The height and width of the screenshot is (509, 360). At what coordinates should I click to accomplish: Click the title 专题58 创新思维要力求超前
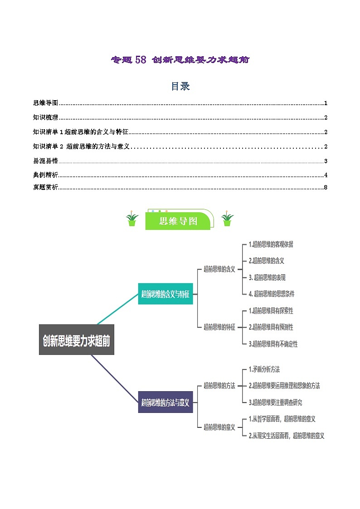[x=180, y=59]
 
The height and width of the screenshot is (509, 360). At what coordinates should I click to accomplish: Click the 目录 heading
[x=180, y=86]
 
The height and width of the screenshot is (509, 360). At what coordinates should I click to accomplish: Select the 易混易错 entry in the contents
[x=46, y=161]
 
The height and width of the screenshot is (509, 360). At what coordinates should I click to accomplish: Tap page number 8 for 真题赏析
[x=326, y=188]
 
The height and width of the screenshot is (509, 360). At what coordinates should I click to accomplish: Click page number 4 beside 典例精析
[x=326, y=175]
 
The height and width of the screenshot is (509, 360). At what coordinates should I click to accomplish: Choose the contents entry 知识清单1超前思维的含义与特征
[x=81, y=132]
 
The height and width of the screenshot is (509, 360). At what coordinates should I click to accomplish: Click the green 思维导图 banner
[x=179, y=221]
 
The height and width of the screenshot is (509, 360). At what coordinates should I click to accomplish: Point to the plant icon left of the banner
[x=132, y=219]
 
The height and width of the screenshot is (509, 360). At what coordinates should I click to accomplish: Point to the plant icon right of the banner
[x=227, y=219]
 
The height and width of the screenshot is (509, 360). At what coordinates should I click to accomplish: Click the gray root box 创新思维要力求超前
[x=77, y=339]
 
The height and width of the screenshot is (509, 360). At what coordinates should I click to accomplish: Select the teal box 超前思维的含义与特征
[x=165, y=294]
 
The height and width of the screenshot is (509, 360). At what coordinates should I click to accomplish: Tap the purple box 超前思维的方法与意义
[x=165, y=402]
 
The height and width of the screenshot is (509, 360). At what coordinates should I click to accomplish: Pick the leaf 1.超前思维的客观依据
[x=271, y=244]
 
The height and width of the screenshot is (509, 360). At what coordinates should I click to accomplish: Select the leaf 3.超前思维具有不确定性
[x=273, y=344]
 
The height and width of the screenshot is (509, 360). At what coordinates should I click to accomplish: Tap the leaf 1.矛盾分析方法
[x=264, y=369]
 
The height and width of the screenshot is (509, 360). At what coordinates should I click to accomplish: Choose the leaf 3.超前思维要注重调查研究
[x=275, y=402]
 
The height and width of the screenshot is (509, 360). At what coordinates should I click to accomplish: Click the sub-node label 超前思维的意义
[x=219, y=427]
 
